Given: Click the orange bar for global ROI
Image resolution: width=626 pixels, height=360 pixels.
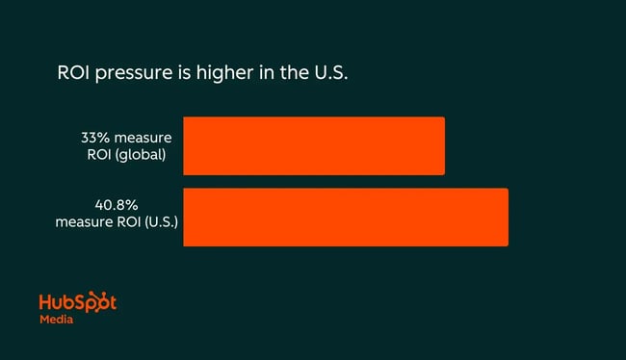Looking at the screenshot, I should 314,145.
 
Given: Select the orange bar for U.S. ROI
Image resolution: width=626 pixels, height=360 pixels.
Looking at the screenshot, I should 345,218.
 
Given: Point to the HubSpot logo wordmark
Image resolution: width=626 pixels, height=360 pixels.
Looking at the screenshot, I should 77,301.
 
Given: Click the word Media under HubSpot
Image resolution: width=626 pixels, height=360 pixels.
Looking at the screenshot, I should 56,320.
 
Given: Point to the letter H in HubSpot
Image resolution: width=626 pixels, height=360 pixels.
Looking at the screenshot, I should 45,301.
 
